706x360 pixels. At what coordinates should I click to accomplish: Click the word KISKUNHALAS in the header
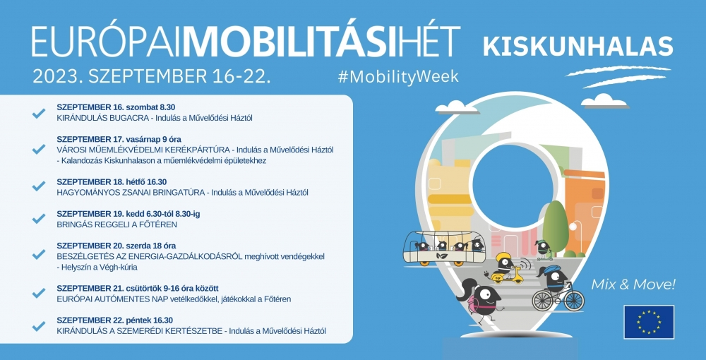pos(577,44)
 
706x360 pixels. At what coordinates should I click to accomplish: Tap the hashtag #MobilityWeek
pos(398,76)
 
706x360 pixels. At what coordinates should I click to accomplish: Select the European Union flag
pos(648,321)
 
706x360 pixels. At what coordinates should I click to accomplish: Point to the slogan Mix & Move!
pos(633,285)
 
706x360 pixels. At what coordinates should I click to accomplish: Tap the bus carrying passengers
pos(444,247)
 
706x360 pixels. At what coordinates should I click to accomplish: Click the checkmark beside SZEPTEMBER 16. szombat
pos(39,112)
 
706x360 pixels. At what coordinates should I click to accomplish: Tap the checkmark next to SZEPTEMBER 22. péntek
pos(39,325)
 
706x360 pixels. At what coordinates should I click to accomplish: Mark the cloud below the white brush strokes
pos(604,100)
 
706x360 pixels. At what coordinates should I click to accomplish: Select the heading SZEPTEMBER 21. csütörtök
pos(112,288)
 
